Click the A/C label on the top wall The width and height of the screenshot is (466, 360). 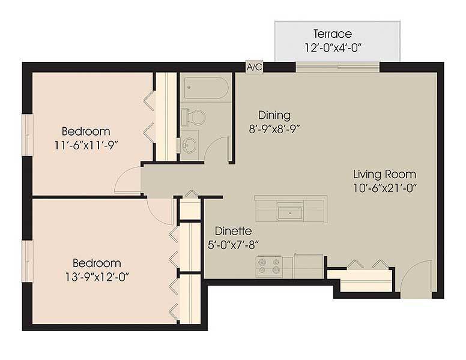coord(255,67)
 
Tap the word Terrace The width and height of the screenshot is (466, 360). coord(332,34)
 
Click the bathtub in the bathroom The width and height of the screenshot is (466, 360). coord(204,89)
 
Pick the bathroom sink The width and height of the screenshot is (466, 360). coord(191,145)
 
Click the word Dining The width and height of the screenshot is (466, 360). coord(274,115)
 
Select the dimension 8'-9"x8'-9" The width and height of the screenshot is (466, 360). coord(274,128)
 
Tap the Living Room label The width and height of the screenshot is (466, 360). coord(384,175)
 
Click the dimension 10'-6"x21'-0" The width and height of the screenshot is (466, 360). coord(384,188)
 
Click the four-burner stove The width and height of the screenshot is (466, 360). coord(268,265)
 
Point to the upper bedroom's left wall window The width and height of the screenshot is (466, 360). coord(27,135)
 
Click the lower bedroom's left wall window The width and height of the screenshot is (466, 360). coord(27,261)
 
